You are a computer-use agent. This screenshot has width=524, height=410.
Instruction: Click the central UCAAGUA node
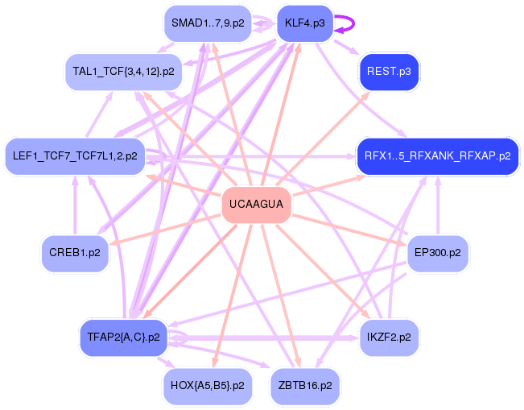(256, 205)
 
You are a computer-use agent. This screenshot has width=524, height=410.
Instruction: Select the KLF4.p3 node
(304, 23)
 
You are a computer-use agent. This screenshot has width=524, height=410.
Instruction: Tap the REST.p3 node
(389, 72)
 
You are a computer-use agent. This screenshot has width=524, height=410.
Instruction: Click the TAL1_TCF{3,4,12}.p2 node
(123, 72)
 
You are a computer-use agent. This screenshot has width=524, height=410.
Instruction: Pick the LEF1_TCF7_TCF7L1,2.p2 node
(75, 155)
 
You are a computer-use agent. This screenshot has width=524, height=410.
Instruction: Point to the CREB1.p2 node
(74, 252)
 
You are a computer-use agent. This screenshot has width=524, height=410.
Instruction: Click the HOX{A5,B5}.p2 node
(207, 385)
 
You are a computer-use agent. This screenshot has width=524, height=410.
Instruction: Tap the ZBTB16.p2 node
(304, 385)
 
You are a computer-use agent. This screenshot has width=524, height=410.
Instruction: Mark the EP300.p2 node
(437, 252)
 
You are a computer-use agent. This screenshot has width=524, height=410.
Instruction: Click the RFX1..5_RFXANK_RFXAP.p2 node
(437, 155)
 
